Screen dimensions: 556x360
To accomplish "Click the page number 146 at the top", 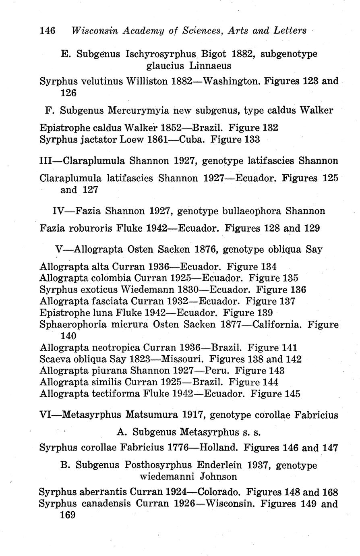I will (x=48, y=30).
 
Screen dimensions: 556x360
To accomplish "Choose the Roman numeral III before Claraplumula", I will (x=48, y=161).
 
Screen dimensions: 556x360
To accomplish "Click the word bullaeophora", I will (x=250, y=211).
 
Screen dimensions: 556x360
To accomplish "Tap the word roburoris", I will (x=91, y=228).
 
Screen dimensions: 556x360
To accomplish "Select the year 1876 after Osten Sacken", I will (x=206, y=249).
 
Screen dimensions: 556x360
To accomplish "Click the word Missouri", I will (x=183, y=359).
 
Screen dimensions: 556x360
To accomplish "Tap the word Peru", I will (x=217, y=370).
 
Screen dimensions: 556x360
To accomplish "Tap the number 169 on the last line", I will (x=68, y=515).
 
